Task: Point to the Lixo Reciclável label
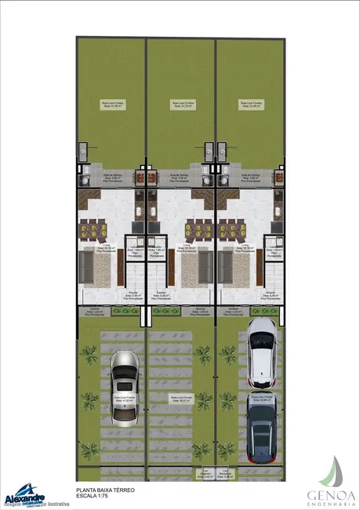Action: (x=224, y=474)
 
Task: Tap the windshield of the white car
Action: (x=260, y=343)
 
